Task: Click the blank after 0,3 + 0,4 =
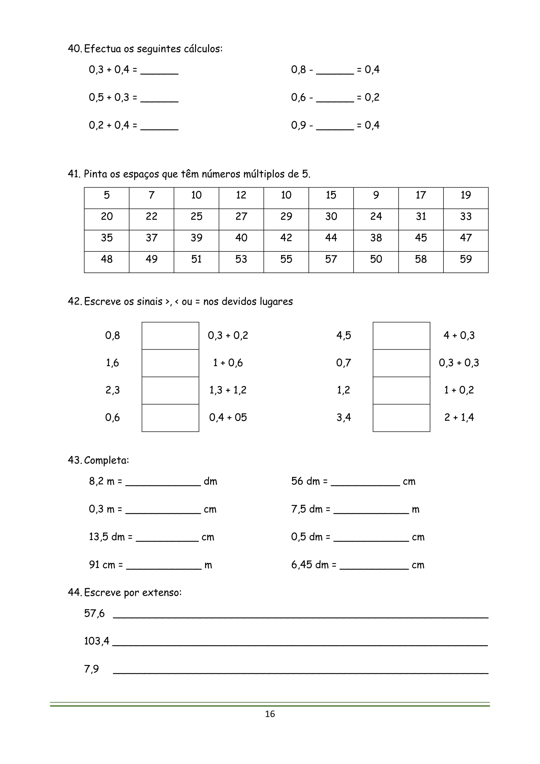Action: click(x=159, y=70)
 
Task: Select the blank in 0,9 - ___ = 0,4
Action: click(x=335, y=126)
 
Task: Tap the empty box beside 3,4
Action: click(x=401, y=418)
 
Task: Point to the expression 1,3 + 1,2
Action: click(x=228, y=390)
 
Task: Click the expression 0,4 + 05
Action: click(x=228, y=417)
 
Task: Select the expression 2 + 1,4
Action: click(x=459, y=417)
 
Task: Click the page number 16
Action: click(x=270, y=714)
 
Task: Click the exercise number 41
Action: click(x=74, y=174)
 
